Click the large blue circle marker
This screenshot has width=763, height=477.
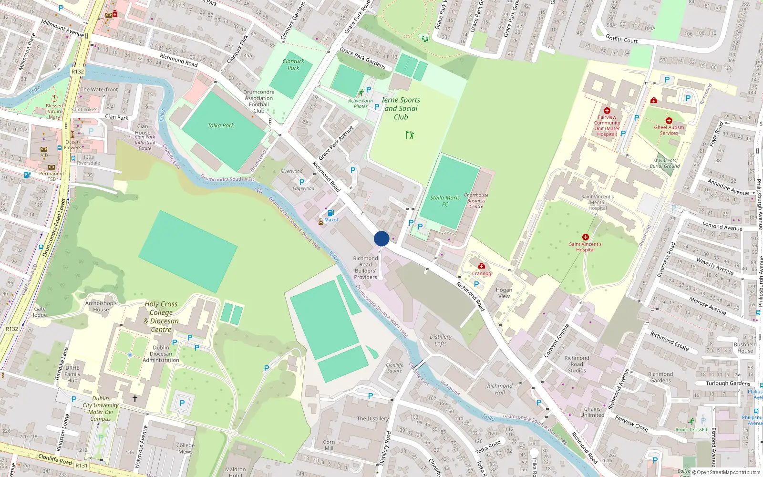pyautogui.click(x=381, y=238)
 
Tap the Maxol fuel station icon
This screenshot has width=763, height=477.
pyautogui.click(x=330, y=213)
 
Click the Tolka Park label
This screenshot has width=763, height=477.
pyautogui.click(x=221, y=125)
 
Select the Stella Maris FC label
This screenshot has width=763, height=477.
pyautogui.click(x=445, y=201)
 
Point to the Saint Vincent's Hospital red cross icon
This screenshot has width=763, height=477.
pyautogui.click(x=585, y=237)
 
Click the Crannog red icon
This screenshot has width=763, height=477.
pyautogui.click(x=482, y=266)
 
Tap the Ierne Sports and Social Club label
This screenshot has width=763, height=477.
pyautogui.click(x=401, y=108)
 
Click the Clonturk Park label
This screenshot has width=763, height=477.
pyautogui.click(x=293, y=64)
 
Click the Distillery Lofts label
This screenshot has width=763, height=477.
pyautogui.click(x=441, y=340)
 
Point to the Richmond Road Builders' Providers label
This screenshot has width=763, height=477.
pyautogui.click(x=365, y=268)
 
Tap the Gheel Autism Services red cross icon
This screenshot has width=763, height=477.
pyautogui.click(x=669, y=121)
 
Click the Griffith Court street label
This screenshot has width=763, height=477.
pyautogui.click(x=621, y=39)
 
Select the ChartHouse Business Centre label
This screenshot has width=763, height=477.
pyautogui.click(x=476, y=200)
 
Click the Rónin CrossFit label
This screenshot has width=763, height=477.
pyautogui.click(x=691, y=429)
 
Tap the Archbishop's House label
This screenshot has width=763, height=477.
pyautogui.click(x=101, y=306)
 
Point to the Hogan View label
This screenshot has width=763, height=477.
pyautogui.click(x=504, y=293)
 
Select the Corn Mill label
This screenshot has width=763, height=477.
pyautogui.click(x=329, y=445)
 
